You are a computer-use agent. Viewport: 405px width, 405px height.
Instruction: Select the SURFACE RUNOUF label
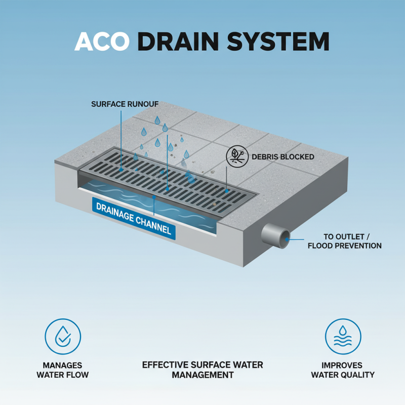125,104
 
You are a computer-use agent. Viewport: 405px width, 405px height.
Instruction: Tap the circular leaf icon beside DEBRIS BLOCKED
235,156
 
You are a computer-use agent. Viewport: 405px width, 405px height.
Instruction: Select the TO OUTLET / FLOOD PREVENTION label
345,241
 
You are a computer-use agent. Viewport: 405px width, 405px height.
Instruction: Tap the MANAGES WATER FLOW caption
63,370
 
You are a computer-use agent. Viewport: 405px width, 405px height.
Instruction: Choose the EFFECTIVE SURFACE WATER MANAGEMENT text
202,370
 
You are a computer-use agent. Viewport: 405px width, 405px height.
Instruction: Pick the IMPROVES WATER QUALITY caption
343,370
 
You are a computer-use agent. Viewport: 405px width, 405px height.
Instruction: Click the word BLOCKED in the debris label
297,157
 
